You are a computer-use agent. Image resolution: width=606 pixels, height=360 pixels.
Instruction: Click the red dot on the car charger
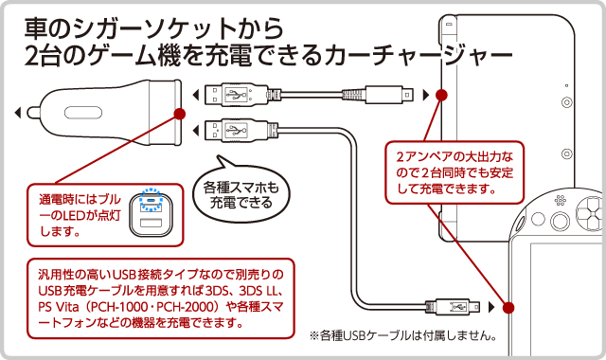coord(179,114)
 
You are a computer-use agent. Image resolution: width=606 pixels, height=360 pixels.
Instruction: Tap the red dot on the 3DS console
coord(441,95)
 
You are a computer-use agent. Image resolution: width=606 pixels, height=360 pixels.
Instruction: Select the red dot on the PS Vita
coord(508,307)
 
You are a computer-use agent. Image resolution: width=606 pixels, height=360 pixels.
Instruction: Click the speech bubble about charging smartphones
coord(241,192)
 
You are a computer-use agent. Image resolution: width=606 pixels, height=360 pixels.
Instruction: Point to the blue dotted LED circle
coord(151,200)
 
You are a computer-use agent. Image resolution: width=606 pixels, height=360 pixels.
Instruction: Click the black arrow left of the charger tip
coord(17,113)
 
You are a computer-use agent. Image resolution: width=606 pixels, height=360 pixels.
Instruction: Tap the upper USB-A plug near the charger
coord(235,95)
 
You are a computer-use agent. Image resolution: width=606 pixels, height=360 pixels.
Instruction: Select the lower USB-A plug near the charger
coord(235,130)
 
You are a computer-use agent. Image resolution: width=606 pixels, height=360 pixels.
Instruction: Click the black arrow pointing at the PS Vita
coord(491,307)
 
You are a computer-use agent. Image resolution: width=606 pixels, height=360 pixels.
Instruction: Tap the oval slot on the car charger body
coord(83,113)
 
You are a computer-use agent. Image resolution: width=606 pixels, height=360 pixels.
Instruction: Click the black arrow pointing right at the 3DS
coord(426,95)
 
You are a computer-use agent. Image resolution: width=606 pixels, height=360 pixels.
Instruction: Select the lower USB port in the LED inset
coord(151,223)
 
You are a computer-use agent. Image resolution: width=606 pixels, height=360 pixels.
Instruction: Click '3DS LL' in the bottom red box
coord(261,291)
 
